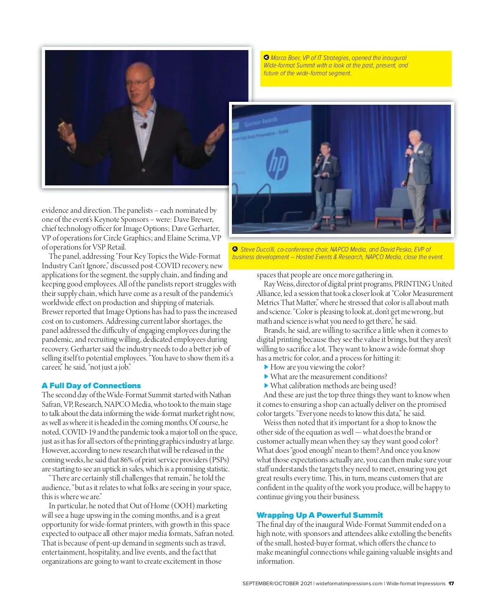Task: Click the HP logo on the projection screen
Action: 277,162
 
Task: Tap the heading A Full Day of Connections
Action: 91,385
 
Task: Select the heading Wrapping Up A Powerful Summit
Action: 320,515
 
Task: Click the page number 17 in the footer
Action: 451,584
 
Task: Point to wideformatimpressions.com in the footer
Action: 349,584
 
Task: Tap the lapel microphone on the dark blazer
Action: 144,125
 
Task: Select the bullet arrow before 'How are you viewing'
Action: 266,367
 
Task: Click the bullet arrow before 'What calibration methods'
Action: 266,386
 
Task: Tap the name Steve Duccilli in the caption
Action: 258,250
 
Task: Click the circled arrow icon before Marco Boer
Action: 266,58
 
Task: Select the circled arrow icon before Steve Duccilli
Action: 235,249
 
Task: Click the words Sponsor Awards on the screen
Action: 261,122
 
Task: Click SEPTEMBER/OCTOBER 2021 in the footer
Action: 277,584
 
